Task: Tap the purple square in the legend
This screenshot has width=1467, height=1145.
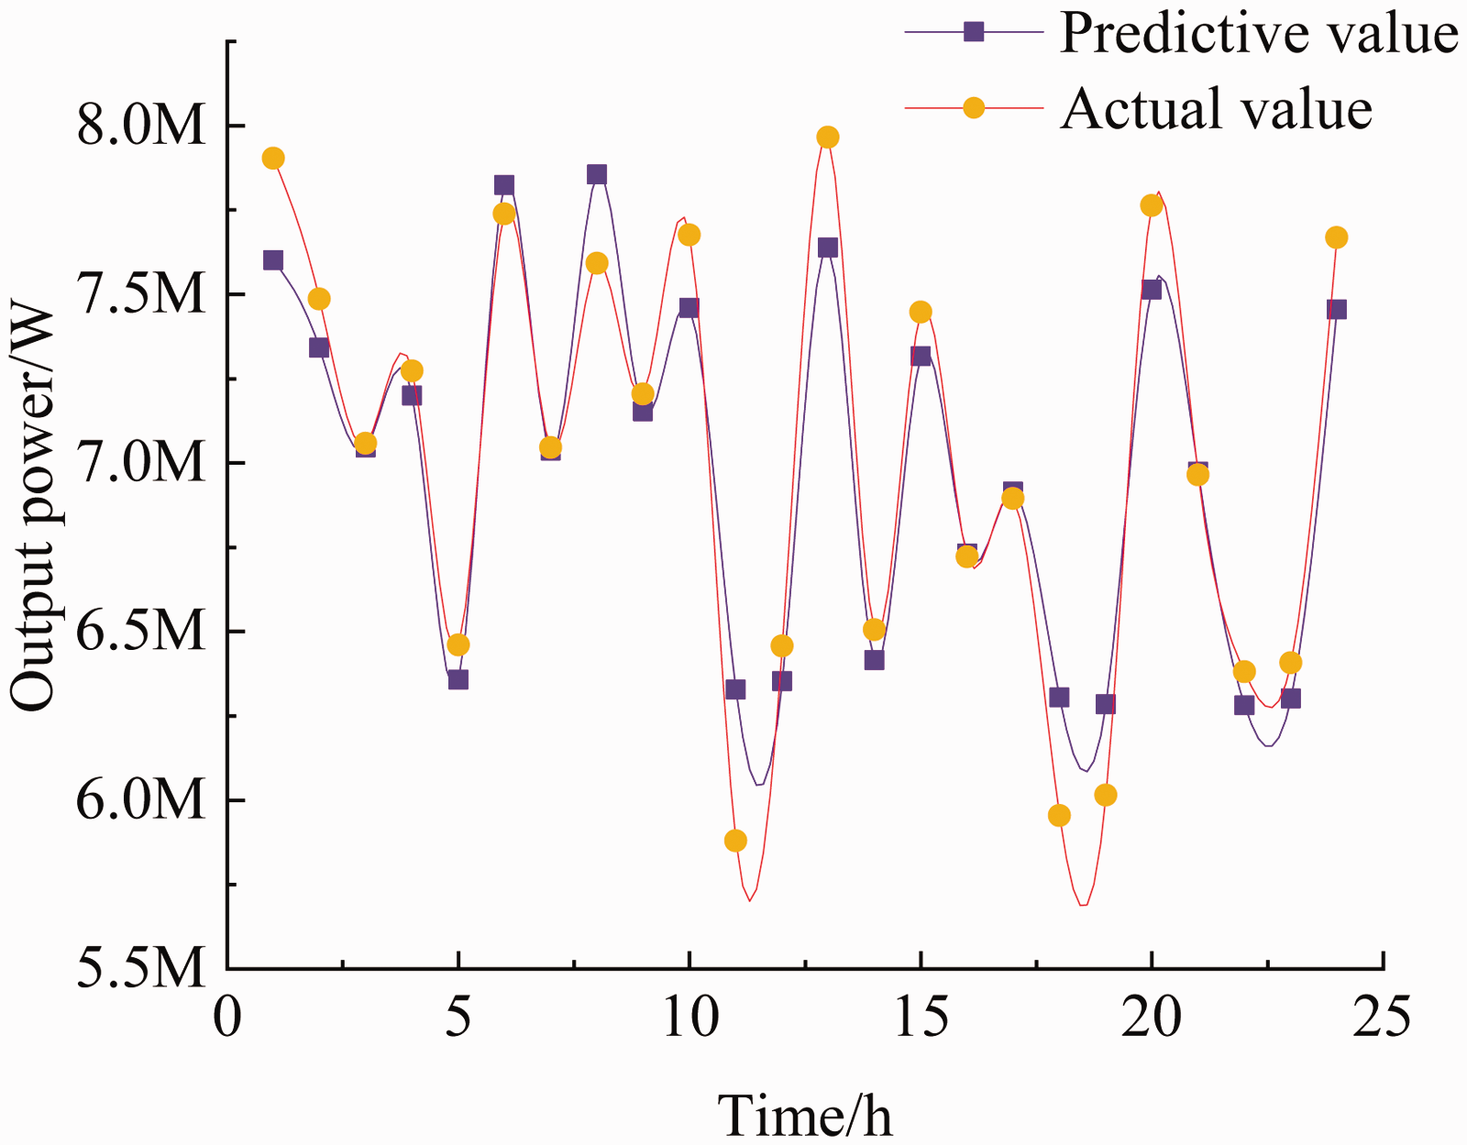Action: point(974,31)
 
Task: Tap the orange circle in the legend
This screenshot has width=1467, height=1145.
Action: point(974,106)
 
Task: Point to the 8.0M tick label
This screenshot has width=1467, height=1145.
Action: point(140,127)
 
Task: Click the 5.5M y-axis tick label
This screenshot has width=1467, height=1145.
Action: point(140,969)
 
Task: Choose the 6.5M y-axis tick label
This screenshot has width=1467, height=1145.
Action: point(140,632)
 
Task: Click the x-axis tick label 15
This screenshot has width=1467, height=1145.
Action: point(921,1017)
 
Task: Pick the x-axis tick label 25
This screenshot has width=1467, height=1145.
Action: point(1382,1017)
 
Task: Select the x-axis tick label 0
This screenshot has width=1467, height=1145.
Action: point(227,1017)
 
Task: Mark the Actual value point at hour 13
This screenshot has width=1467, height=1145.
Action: point(828,137)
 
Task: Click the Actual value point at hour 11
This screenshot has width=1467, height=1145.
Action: point(735,841)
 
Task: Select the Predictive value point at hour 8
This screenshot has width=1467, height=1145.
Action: point(596,174)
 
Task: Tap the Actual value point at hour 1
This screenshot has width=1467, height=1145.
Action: point(272,159)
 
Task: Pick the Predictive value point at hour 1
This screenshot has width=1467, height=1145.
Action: point(272,259)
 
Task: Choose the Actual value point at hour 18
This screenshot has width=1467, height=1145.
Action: point(1059,816)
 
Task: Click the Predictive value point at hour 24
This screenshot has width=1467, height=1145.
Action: point(1336,310)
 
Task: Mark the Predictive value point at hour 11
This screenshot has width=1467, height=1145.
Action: point(735,689)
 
